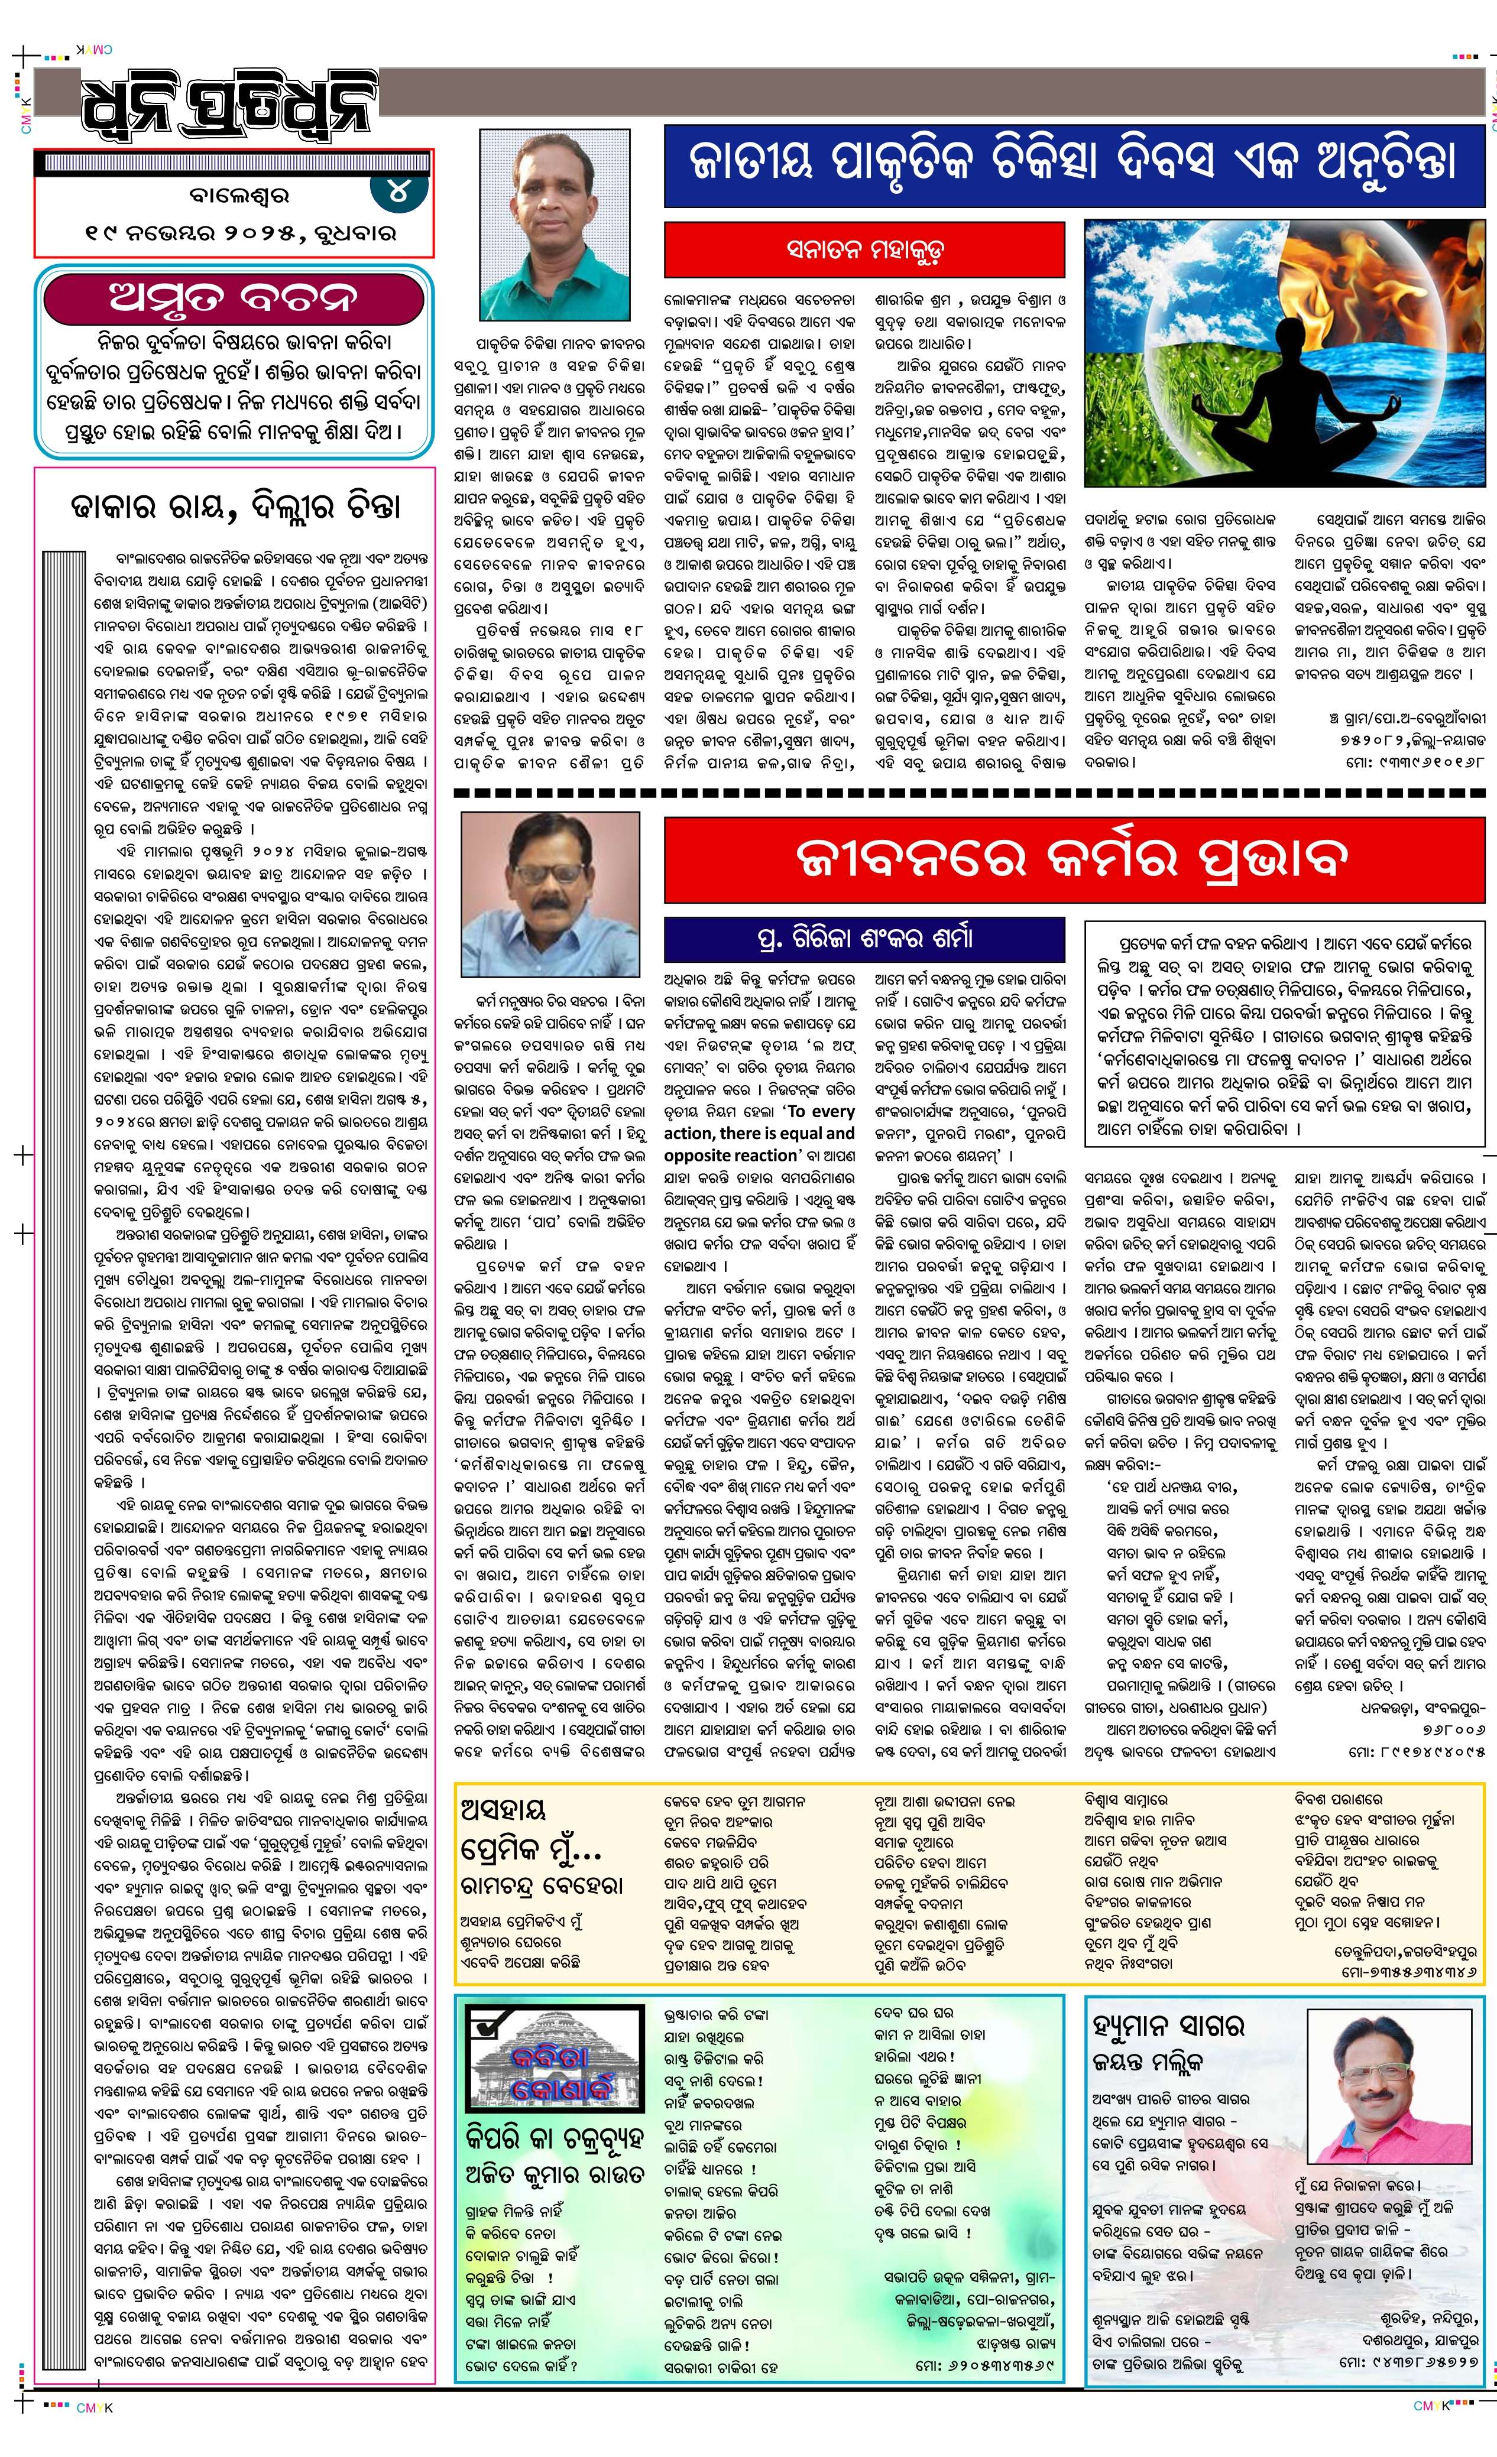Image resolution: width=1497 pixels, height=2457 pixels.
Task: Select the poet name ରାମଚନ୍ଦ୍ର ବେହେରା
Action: (x=542, y=1885)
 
